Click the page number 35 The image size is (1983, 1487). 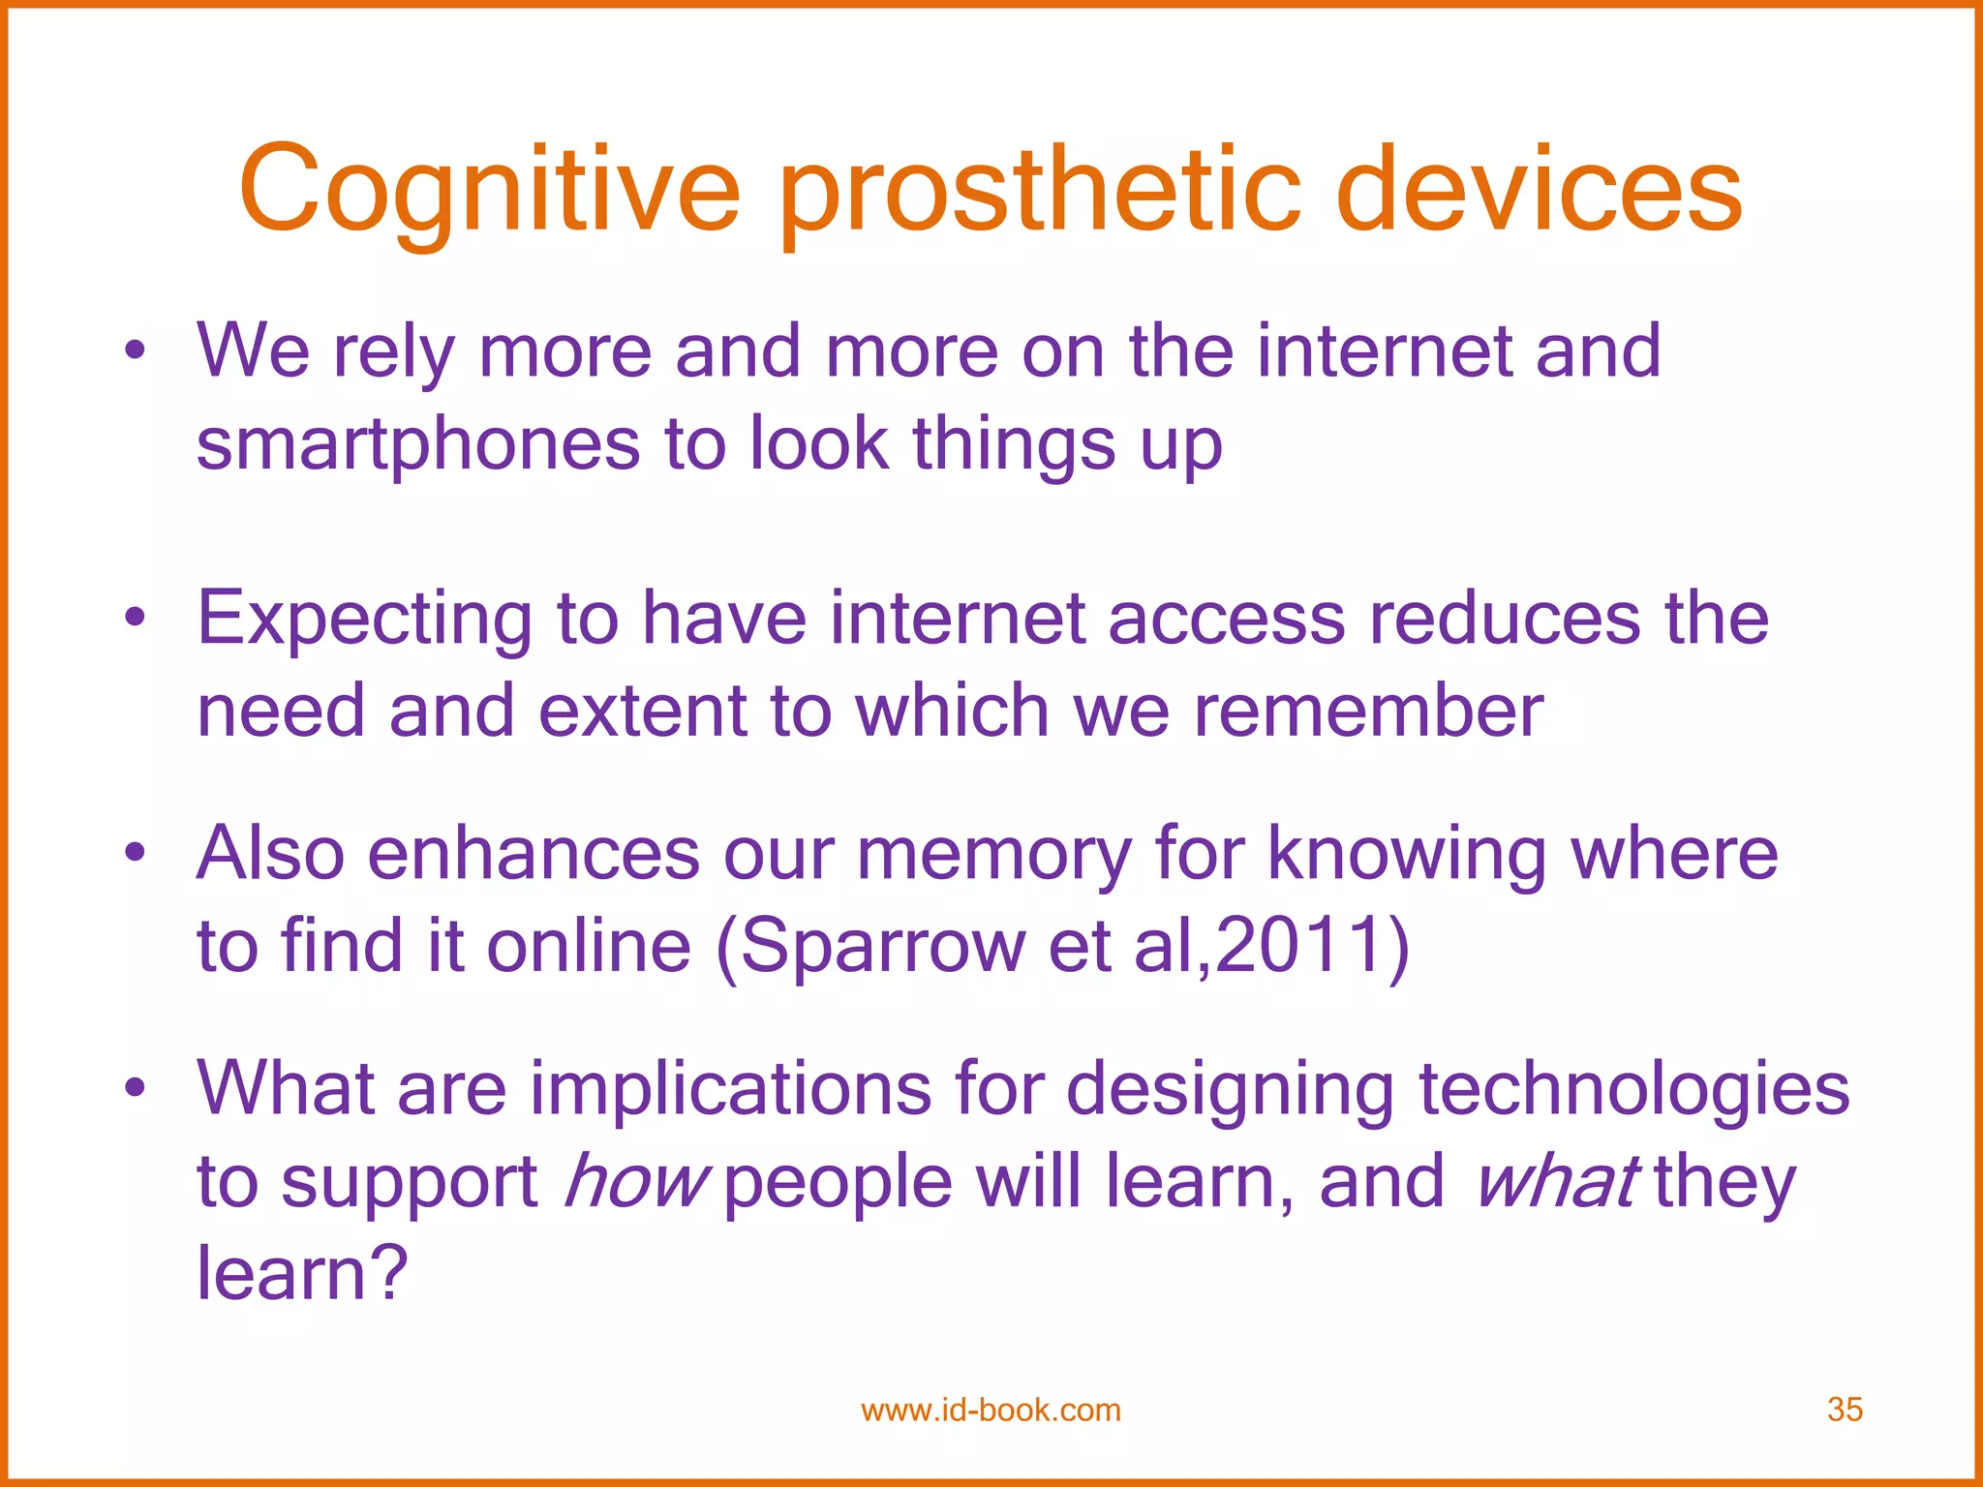point(1845,1410)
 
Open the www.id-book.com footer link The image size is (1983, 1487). point(991,1410)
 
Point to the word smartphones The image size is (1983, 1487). point(417,445)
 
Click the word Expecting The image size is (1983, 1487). point(364,620)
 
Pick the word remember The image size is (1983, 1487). point(1368,712)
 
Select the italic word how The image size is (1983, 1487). point(636,1182)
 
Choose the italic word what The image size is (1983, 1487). point(1556,1182)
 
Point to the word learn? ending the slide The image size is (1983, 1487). point(302,1273)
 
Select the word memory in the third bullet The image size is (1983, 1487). point(994,855)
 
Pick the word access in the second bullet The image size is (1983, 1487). point(1226,620)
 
